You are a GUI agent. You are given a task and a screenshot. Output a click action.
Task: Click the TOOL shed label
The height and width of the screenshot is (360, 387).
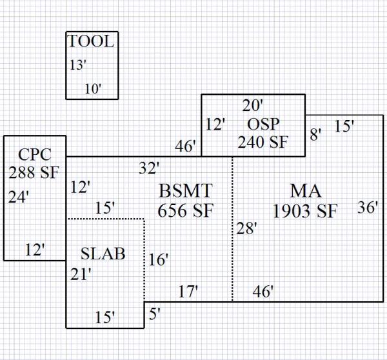pos(92,43)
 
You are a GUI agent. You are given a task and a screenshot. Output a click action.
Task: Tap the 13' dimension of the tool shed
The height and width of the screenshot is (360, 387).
pos(78,65)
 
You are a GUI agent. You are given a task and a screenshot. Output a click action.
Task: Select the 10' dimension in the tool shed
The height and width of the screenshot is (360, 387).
pos(93,89)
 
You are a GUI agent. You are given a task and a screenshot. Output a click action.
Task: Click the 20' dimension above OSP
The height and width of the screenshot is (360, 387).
pos(253,105)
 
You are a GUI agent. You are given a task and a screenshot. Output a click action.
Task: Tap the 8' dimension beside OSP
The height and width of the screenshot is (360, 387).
pos(315,134)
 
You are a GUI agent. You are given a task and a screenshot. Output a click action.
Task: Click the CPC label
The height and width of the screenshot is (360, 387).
pos(34,154)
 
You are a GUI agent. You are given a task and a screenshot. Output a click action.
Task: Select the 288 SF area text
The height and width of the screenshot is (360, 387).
pos(34,172)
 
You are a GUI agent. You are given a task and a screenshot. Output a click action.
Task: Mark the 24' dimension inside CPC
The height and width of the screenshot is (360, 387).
pos(19,197)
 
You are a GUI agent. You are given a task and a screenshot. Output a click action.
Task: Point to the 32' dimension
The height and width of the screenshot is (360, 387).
pos(149,168)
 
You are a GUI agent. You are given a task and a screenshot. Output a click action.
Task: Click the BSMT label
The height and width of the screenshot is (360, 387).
pos(185,191)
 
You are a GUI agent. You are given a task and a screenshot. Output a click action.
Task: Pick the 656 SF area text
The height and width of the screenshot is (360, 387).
pos(185,210)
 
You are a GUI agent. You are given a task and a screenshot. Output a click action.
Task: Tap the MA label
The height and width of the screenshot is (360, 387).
pos(306,191)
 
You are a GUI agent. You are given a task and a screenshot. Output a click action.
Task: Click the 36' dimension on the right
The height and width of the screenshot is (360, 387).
pos(368,207)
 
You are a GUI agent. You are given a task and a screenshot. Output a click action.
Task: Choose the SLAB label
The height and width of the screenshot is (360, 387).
pos(103,254)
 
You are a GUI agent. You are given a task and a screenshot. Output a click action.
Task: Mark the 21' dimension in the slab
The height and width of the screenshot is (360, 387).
pos(81,274)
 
